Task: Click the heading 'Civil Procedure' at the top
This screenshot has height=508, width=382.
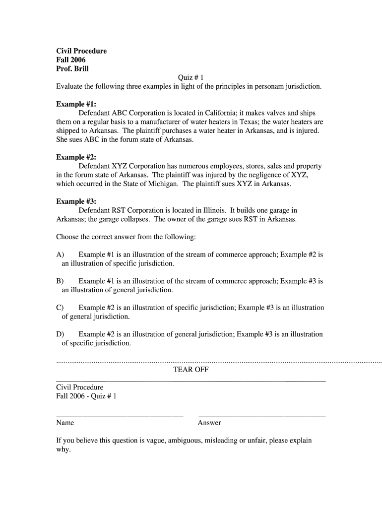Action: (x=81, y=51)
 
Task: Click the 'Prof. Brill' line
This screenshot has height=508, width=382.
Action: (x=72, y=69)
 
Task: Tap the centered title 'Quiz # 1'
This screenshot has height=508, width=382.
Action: (x=191, y=77)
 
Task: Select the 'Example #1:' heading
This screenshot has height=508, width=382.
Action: (x=76, y=104)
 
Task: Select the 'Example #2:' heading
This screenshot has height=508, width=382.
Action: (x=76, y=157)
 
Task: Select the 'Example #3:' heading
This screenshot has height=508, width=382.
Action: (x=76, y=201)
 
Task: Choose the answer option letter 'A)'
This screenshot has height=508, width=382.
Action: (x=61, y=254)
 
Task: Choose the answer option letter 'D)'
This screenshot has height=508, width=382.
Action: (x=61, y=334)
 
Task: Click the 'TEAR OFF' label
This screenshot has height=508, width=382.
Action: (x=191, y=370)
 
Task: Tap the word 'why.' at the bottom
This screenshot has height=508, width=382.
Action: (x=64, y=449)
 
